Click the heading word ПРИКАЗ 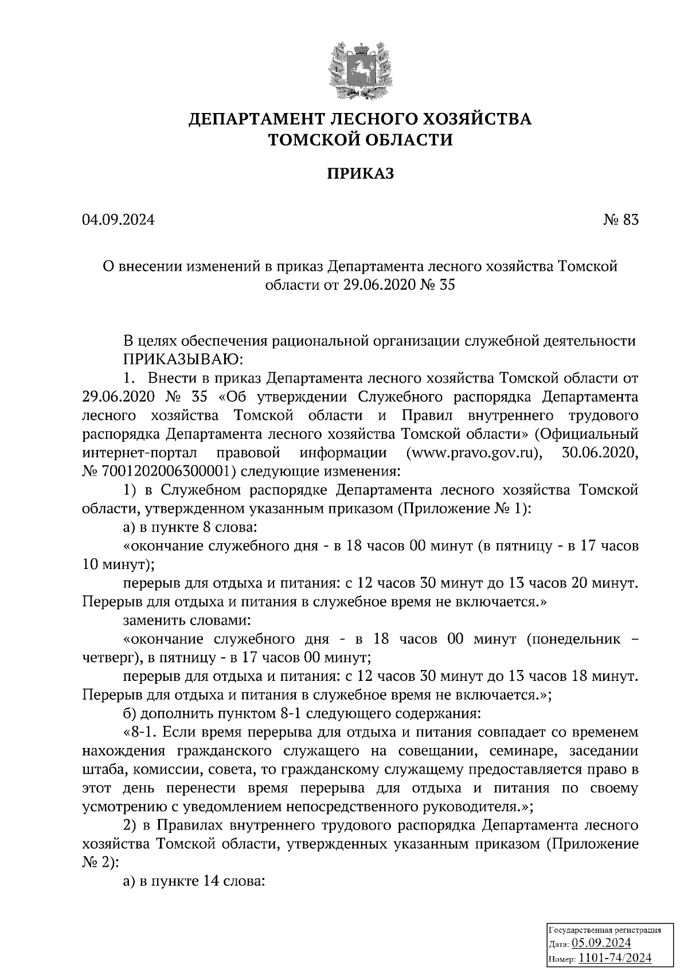coord(361,174)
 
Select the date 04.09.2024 coord(118,220)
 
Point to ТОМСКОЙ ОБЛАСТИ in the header coord(361,139)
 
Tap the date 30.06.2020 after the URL coord(598,453)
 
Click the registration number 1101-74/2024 coord(615,958)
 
